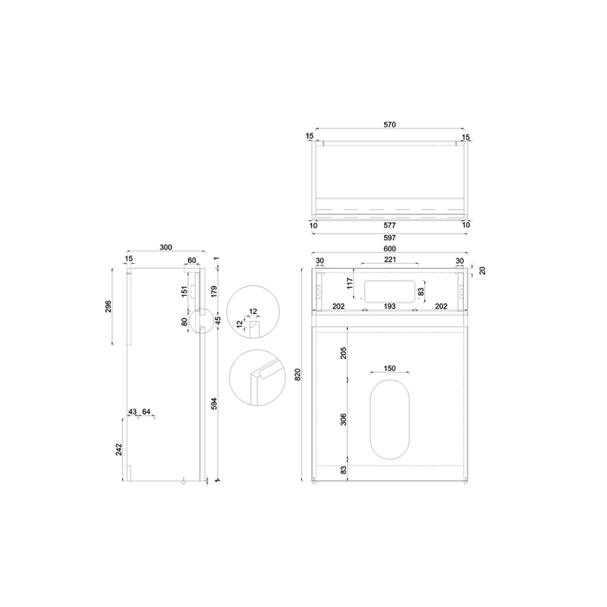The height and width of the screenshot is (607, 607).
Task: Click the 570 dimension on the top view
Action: click(389, 125)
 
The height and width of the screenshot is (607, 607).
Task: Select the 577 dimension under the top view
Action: click(389, 225)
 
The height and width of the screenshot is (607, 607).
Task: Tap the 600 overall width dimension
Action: click(389, 251)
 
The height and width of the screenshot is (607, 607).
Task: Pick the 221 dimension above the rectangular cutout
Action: click(389, 260)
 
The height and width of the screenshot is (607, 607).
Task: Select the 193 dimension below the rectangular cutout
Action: click(389, 306)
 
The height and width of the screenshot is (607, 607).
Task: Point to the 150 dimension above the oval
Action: click(389, 369)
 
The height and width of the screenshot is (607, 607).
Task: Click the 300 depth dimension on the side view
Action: click(166, 248)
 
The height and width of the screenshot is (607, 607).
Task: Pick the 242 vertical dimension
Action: click(119, 448)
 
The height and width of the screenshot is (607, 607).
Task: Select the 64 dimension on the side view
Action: click(147, 411)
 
